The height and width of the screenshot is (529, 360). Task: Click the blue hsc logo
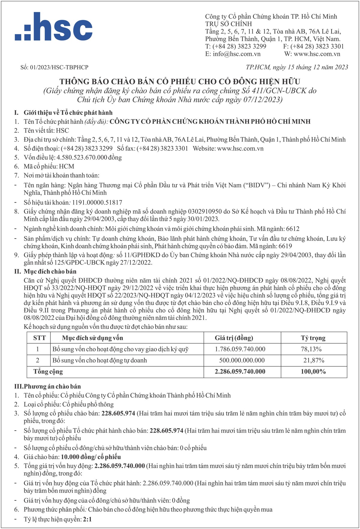(54, 27)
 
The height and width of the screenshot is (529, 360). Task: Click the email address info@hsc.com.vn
(237, 54)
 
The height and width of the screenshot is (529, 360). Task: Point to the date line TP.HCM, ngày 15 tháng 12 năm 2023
(297, 67)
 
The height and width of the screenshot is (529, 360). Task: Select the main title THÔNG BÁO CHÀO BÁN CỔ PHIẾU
(180, 81)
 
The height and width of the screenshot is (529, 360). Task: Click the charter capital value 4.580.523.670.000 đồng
(89, 158)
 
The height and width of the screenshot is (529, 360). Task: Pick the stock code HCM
(66, 167)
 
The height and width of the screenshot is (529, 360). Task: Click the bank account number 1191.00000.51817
(97, 203)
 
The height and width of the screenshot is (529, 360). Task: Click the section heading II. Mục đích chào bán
(45, 272)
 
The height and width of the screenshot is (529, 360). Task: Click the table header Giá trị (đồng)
(234, 338)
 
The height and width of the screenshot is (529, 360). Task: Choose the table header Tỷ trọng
(313, 338)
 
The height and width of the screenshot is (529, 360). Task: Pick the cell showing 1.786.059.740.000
(240, 349)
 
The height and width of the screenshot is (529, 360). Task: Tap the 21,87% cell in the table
(313, 360)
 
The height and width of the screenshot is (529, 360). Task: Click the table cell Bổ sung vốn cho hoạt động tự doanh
(100, 360)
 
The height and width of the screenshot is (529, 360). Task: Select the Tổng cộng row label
(48, 371)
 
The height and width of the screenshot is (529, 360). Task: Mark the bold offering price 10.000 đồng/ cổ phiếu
(91, 457)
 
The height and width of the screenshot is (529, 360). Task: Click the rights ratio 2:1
(87, 519)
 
